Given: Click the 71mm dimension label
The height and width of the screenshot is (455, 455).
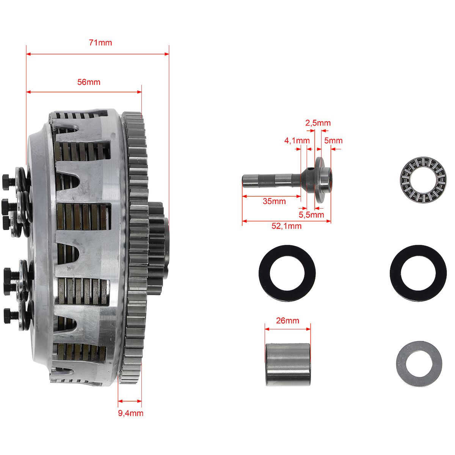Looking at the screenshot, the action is [100, 43].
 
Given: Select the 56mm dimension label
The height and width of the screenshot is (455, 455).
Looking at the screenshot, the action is [89, 82].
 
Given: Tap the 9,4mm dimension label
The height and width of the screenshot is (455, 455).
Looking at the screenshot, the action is [130, 413].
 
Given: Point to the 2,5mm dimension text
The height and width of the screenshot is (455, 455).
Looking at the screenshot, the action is [318, 123].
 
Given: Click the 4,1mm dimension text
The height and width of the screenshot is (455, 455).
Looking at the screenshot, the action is [297, 141].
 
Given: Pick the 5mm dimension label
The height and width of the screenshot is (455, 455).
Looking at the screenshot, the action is [333, 141].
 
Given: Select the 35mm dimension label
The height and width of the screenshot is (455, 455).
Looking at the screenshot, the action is [274, 201].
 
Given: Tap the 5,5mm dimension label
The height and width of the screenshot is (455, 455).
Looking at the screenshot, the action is [311, 215].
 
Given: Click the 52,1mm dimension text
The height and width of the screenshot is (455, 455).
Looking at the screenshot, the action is [286, 226].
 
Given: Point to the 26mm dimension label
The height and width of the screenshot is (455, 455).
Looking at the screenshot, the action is [287, 321].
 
